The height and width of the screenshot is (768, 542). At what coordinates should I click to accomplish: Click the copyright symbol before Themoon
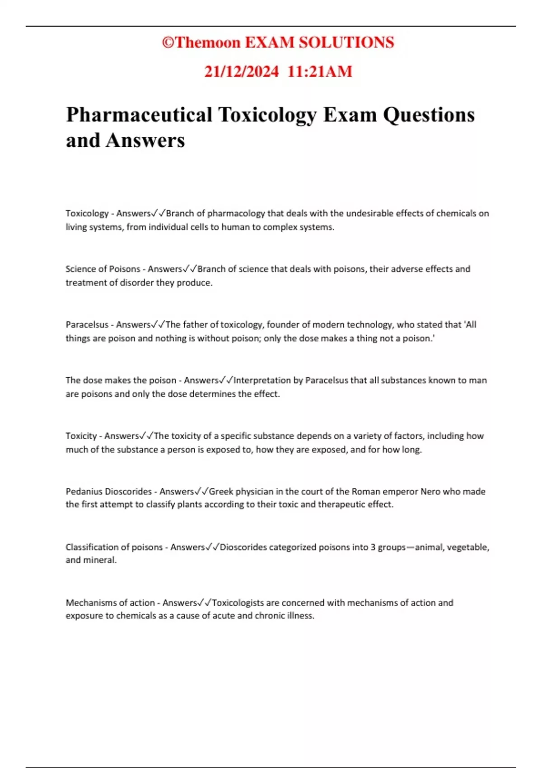(168, 42)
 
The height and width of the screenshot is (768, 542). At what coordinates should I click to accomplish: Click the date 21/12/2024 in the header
(241, 71)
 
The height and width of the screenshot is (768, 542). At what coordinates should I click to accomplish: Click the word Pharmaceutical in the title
(139, 115)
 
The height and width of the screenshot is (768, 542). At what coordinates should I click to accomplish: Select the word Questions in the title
(429, 115)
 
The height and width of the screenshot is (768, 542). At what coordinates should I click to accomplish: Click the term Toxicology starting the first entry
(87, 213)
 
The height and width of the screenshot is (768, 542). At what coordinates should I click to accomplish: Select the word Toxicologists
(238, 603)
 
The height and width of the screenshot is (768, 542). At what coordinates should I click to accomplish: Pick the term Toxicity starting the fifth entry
(81, 436)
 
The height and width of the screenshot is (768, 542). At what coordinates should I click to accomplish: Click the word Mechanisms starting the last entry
(89, 603)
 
